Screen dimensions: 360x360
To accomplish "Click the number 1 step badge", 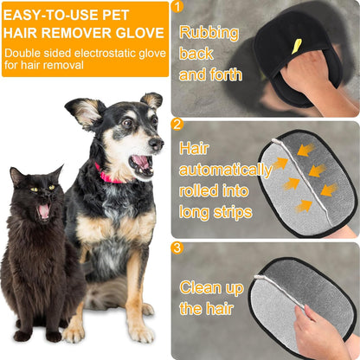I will [x=178, y=8].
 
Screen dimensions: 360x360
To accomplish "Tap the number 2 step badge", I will [x=178, y=124].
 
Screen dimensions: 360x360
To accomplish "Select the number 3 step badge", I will [x=178, y=248].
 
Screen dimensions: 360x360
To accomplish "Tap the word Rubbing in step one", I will [x=208, y=34].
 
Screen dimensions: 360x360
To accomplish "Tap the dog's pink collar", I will [x=109, y=177].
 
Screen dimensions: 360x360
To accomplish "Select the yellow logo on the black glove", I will [x=297, y=45].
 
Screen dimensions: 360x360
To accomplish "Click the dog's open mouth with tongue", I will [x=138, y=163].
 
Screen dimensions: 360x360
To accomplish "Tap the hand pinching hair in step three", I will [x=320, y=333].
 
